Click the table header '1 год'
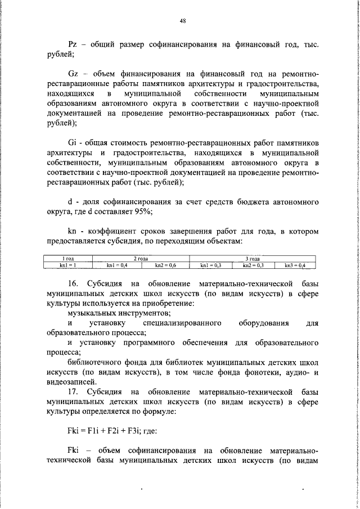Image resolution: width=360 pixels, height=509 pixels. click(x=68, y=258)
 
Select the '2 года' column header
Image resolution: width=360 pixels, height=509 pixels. click(x=140, y=258)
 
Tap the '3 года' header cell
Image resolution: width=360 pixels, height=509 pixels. click(x=253, y=258)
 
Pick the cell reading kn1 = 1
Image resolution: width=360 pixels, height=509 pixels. click(x=68, y=264)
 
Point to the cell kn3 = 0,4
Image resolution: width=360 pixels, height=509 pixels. click(x=294, y=264)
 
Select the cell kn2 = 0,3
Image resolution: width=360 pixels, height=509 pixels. click(x=253, y=264)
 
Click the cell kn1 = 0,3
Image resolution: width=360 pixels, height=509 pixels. click(x=211, y=264)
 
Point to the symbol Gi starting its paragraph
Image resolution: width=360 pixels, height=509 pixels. click(x=72, y=142)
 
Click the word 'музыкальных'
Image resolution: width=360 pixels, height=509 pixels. click(x=92, y=312)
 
